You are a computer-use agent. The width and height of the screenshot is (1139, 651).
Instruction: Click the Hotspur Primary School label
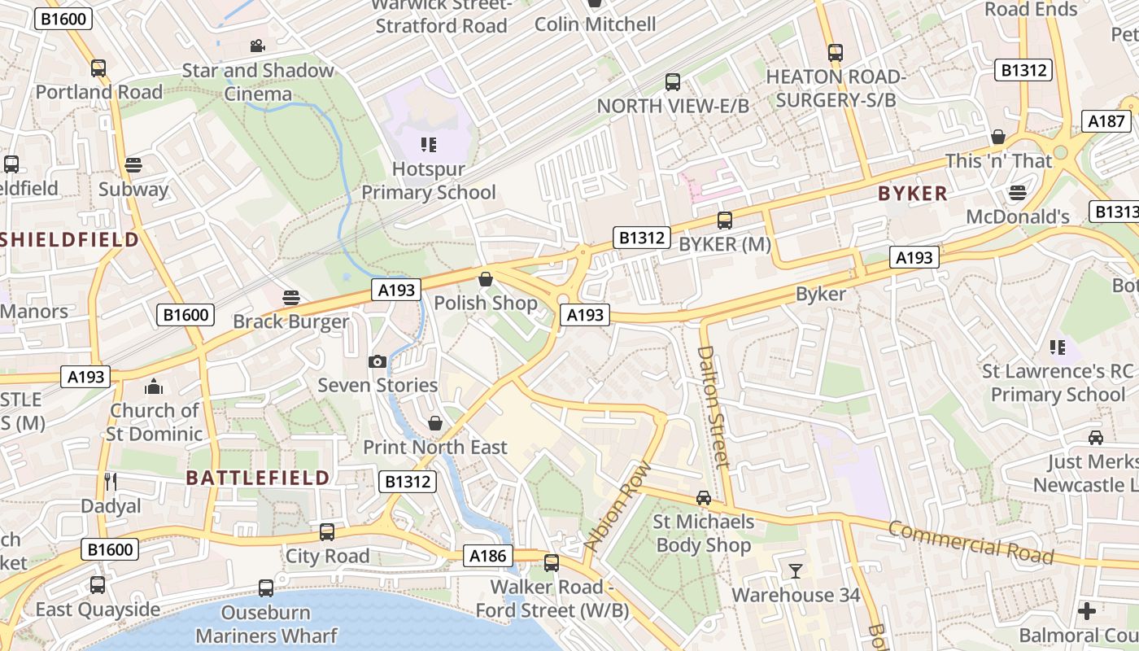click(428, 181)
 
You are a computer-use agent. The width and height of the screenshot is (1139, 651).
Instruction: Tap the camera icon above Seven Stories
click(377, 361)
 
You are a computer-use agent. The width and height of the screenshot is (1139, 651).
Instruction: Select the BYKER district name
click(913, 194)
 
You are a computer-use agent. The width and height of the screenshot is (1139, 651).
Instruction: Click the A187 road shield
click(1107, 122)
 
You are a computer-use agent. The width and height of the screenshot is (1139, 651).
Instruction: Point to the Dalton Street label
click(713, 406)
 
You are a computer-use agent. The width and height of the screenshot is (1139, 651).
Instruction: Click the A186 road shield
click(489, 557)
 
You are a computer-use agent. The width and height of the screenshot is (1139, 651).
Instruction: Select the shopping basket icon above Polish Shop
click(486, 280)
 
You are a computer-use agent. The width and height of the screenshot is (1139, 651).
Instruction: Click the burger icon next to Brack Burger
click(291, 298)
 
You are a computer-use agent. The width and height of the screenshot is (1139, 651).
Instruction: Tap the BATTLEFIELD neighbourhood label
click(258, 478)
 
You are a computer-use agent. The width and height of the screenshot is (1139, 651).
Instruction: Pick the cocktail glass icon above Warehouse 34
click(795, 571)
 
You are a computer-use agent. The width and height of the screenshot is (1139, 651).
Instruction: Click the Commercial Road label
click(971, 543)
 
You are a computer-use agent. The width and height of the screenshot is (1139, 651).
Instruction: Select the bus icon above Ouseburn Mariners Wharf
click(266, 588)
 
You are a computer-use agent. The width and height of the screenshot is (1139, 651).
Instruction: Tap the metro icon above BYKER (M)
click(724, 221)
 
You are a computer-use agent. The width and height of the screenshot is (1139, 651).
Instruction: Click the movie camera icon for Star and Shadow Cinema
click(258, 46)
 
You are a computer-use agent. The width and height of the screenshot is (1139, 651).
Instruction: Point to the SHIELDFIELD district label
click(69, 239)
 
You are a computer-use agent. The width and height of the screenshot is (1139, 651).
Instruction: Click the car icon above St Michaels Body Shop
click(704, 498)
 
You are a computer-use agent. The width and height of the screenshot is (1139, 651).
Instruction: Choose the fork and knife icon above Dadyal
click(111, 482)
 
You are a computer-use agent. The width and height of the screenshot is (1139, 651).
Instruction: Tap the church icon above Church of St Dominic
click(154, 387)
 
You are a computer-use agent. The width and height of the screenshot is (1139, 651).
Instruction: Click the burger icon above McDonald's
click(1017, 193)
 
